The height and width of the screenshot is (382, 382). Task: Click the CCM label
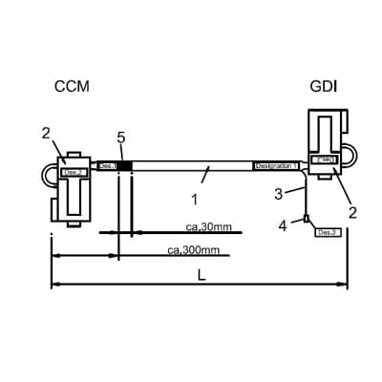(72, 87)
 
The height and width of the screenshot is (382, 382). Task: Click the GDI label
(322, 87)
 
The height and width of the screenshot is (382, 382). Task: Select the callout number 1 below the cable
(194, 200)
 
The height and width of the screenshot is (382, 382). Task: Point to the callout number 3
(279, 194)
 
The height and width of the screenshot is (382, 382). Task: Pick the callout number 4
(282, 225)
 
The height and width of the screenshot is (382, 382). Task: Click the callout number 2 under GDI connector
(352, 212)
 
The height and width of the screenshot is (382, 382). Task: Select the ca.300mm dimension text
(194, 250)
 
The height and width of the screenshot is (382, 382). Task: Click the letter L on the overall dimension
(200, 274)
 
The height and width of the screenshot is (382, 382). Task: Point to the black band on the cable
(124, 166)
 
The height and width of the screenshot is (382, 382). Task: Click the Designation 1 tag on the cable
(275, 166)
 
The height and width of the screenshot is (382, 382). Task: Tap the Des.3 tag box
(328, 231)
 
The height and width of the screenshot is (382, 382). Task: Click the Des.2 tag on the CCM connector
(74, 173)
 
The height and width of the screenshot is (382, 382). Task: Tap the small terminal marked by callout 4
(306, 221)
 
